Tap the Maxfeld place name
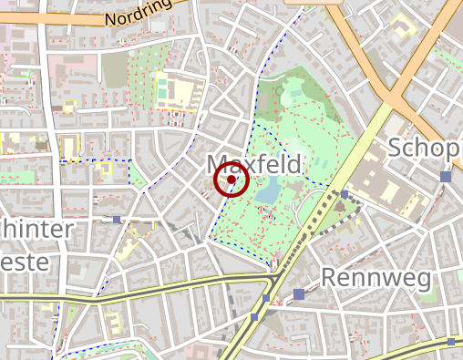pyautogui.click(x=254, y=164)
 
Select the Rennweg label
pyautogui.click(x=374, y=277)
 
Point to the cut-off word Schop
pyautogui.click(x=425, y=148)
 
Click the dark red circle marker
pyautogui.click(x=231, y=180)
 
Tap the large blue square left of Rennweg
pyautogui.click(x=299, y=293)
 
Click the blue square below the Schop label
pyautogui.click(x=445, y=177)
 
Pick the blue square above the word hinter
pyautogui.click(x=117, y=220)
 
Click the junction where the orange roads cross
pyautogui.click(x=395, y=91)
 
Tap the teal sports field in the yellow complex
pyautogui.click(x=162, y=90)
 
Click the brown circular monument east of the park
pyautogui.click(x=340, y=208)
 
